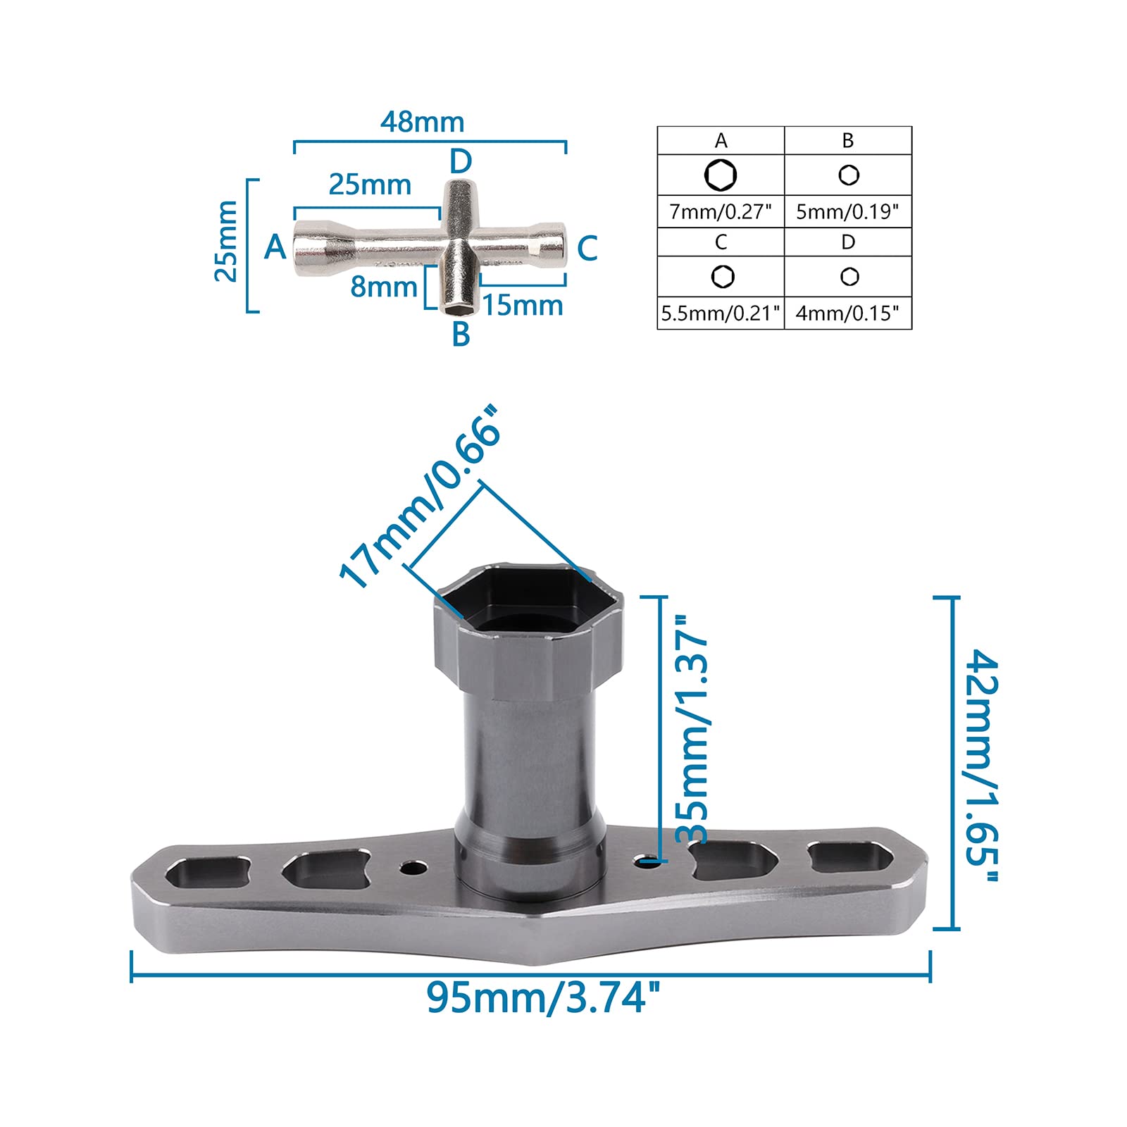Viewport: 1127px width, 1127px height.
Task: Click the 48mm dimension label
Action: point(422,122)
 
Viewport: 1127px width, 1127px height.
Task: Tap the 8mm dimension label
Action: point(384,287)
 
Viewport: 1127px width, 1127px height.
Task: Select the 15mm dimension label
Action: point(523,306)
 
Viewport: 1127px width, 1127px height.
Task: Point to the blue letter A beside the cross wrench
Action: point(275,247)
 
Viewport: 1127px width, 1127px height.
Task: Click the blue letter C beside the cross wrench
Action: point(587,249)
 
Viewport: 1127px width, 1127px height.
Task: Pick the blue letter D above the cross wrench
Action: point(461,161)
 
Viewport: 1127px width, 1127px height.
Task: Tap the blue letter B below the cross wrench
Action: point(461,334)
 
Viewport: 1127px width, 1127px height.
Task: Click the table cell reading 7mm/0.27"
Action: point(721,211)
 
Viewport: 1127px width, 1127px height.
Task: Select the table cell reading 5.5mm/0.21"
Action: point(721,313)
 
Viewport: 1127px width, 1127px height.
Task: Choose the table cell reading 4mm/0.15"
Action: point(848,313)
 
